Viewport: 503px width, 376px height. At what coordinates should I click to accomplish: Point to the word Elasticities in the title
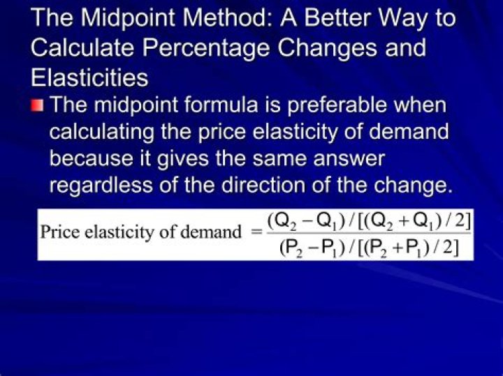pyautogui.click(x=89, y=77)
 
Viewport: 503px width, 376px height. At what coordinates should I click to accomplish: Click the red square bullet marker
pyautogui.click(x=37, y=106)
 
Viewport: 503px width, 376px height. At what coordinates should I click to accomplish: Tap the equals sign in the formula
pyautogui.click(x=254, y=232)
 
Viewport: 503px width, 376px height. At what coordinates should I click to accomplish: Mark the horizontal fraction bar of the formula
pyautogui.click(x=370, y=234)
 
